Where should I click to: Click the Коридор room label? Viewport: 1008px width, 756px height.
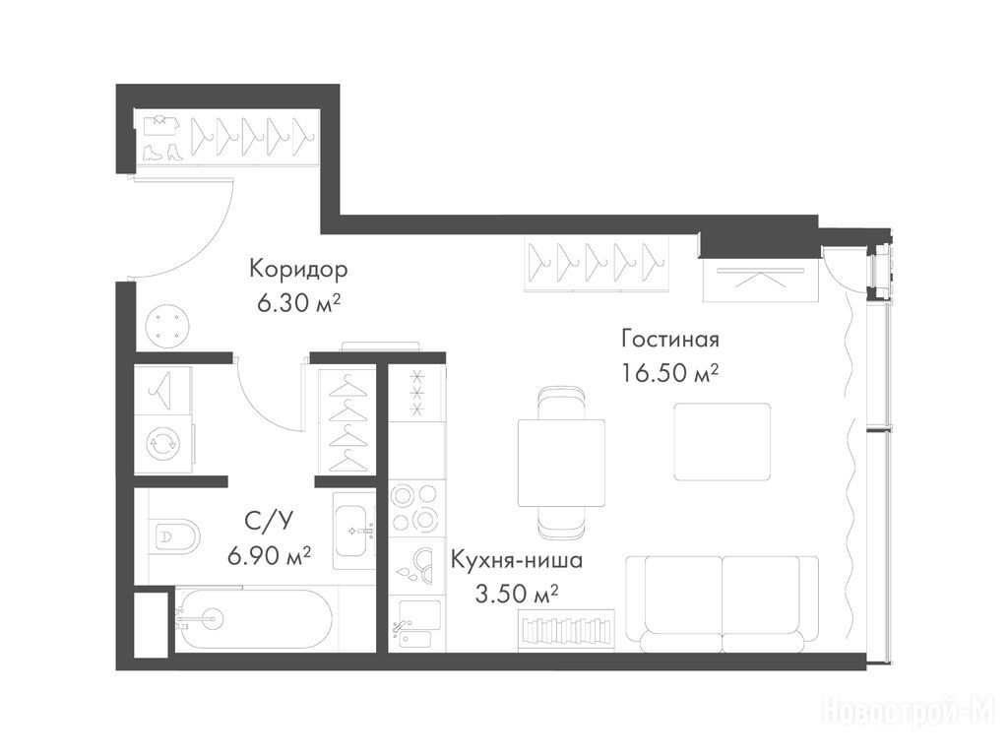[x=298, y=269]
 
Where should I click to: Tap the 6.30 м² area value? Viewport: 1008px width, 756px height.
[x=298, y=303]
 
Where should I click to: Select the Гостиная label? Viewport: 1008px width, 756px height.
[x=669, y=339]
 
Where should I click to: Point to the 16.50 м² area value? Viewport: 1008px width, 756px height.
[x=669, y=372]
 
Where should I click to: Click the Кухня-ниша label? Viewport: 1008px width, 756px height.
[x=517, y=560]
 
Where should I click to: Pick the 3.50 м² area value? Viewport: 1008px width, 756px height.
[x=516, y=594]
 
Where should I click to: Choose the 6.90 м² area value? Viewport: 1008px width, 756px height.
[x=270, y=555]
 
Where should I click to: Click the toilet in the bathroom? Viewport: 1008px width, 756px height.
[x=175, y=535]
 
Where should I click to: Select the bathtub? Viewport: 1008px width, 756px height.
[x=254, y=619]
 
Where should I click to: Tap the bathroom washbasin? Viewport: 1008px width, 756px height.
[x=354, y=531]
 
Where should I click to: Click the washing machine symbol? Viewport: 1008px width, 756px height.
[x=162, y=443]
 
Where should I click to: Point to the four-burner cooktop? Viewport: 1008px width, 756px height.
[x=416, y=508]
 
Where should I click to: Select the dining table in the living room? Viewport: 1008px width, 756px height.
[x=562, y=463]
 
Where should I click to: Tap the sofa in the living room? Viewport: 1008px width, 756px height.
[x=723, y=603]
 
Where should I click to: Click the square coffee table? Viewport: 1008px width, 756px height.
[x=722, y=442]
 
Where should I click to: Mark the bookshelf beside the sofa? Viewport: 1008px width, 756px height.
[x=566, y=631]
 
